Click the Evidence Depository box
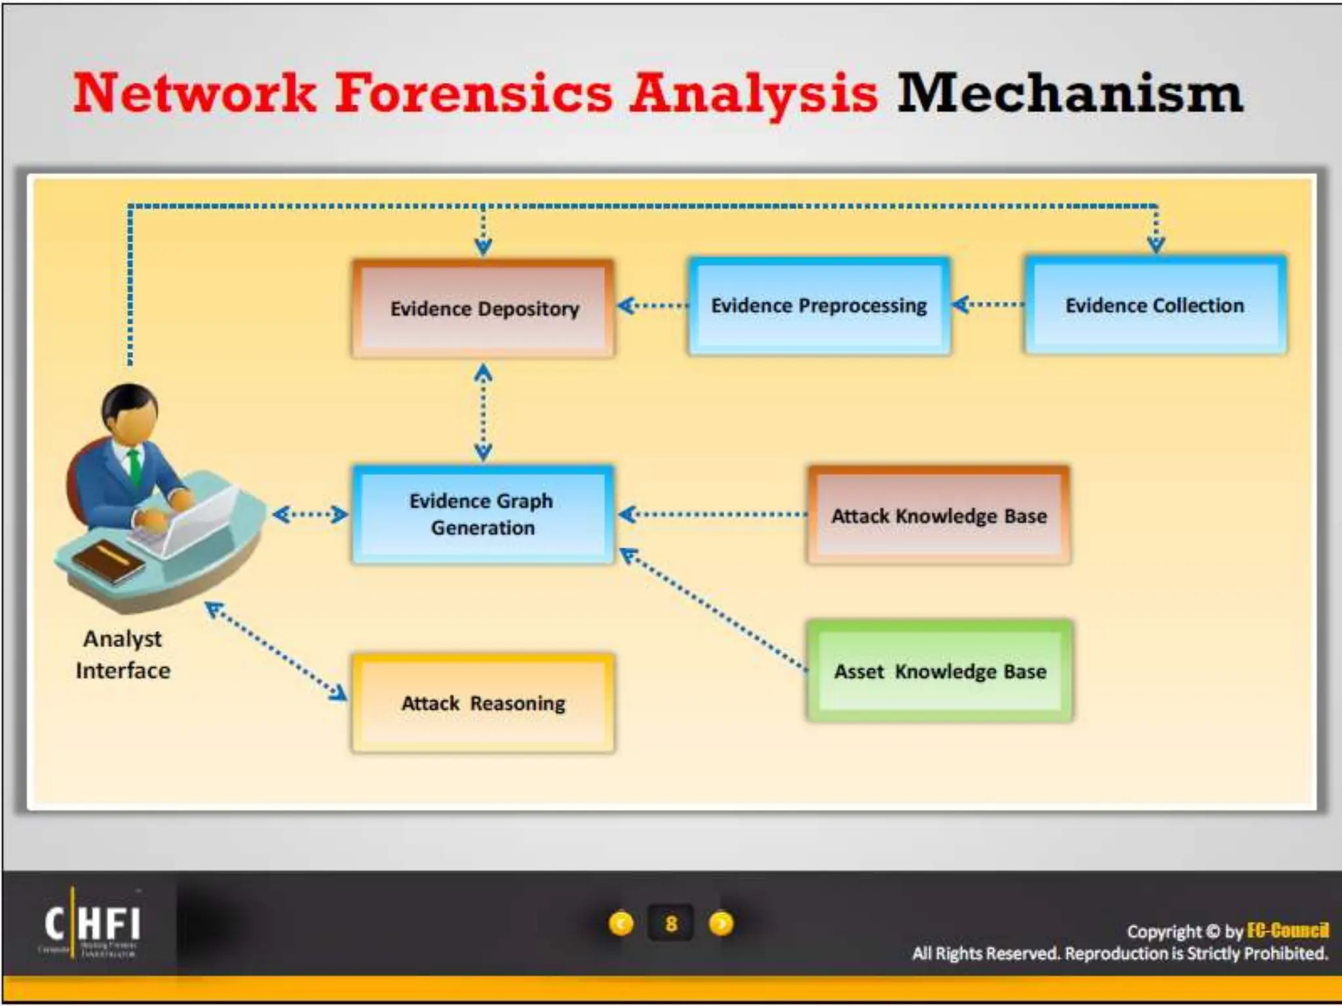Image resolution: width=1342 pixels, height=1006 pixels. click(483, 308)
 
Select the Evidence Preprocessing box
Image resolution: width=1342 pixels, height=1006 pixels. click(819, 306)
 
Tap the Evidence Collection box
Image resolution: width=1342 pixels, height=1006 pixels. click(1155, 306)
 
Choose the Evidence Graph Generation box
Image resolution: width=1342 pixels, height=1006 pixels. click(482, 515)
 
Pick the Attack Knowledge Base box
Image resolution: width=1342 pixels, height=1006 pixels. click(939, 516)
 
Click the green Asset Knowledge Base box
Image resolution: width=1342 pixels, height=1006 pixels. click(940, 671)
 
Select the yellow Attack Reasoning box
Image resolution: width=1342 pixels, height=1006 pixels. click(483, 703)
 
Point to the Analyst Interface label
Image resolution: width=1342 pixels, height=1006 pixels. click(123, 654)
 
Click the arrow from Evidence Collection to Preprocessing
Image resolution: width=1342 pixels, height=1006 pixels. click(988, 305)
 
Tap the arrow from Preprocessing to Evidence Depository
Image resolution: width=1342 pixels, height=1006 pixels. click(652, 306)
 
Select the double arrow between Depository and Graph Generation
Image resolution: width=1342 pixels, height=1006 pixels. click(483, 413)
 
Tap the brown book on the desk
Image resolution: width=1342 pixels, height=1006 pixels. click(109, 562)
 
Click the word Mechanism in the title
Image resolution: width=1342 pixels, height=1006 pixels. click(1069, 94)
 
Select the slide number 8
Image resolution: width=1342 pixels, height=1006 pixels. click(670, 923)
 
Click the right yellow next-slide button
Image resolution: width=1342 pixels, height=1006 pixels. click(721, 923)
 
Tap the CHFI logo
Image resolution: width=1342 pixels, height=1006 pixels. click(92, 924)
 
